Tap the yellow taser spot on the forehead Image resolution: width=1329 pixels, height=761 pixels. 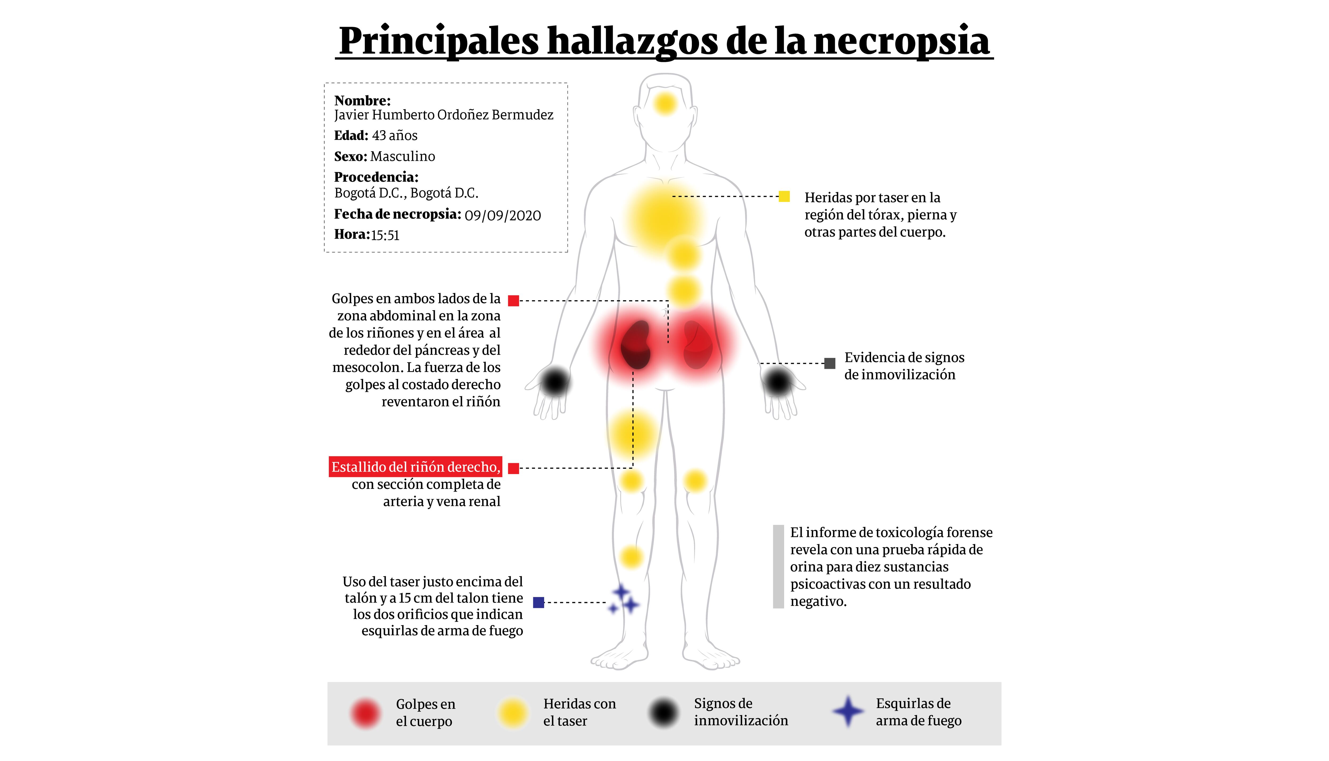[665, 103]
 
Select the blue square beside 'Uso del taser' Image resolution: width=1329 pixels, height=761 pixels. [539, 603]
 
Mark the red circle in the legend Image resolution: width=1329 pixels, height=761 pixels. [365, 713]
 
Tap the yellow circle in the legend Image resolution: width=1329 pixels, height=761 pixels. [512, 713]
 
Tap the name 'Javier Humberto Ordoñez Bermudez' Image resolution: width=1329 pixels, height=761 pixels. [443, 115]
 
